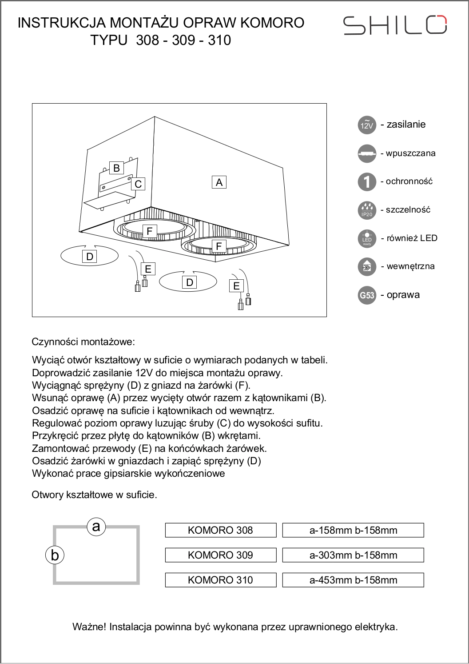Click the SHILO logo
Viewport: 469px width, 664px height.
(x=395, y=25)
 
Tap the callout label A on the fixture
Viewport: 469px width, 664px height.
(x=219, y=182)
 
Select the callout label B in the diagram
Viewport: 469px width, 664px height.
(x=116, y=168)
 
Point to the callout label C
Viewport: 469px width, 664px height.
(x=138, y=184)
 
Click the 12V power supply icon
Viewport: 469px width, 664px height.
(x=367, y=125)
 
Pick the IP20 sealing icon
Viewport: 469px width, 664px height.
(x=367, y=210)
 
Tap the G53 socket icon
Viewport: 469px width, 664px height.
(x=367, y=295)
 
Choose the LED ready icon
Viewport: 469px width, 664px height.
(x=367, y=239)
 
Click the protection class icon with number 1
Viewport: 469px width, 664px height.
(x=367, y=182)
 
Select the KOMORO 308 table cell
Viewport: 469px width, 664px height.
(x=221, y=530)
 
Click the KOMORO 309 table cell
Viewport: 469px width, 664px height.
(x=221, y=555)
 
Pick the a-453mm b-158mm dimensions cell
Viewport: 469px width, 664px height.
(x=353, y=580)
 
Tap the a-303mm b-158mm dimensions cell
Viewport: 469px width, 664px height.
(x=353, y=555)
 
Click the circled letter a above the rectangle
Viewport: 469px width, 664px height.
(x=96, y=526)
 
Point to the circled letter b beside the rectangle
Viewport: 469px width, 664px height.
(x=55, y=555)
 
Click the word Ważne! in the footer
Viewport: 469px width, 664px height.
(x=89, y=627)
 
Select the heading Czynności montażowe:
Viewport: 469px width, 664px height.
(x=83, y=342)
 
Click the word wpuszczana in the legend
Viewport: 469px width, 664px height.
(x=410, y=153)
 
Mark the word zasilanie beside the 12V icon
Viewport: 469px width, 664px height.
(x=406, y=125)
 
